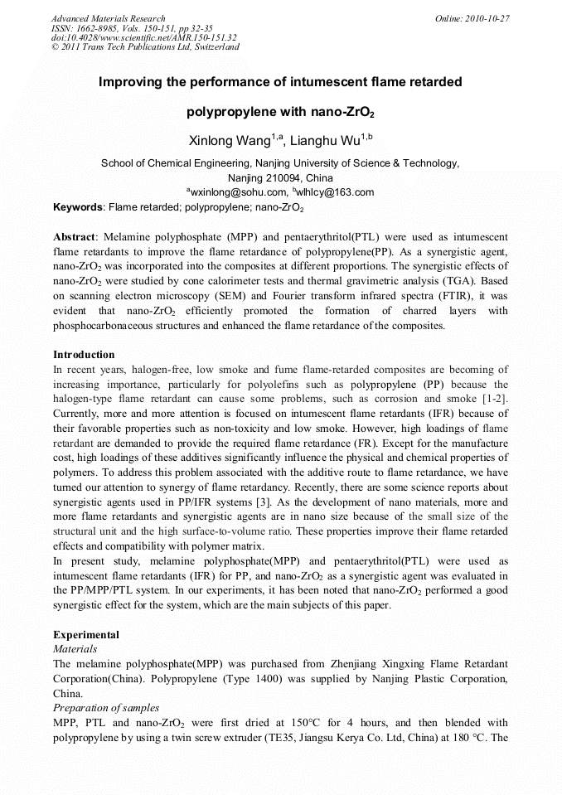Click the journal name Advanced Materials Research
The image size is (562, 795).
point(108,18)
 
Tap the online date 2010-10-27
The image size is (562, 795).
point(487,18)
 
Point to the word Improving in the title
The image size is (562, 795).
point(131,83)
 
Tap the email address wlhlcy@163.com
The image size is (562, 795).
point(336,192)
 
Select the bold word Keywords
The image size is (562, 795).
point(78,206)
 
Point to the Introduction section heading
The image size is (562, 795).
point(84,355)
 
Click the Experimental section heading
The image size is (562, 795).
point(86,635)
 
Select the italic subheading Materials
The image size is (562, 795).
point(75,649)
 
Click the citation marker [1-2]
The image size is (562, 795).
point(494,400)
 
